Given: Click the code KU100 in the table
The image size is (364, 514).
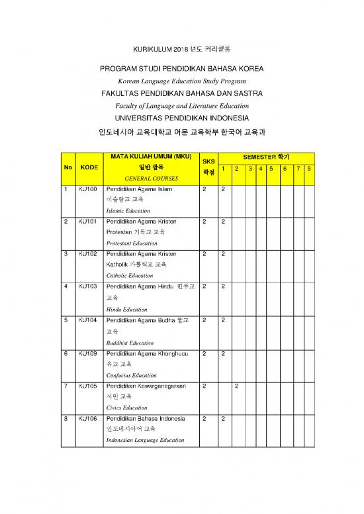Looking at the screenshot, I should tap(87, 189).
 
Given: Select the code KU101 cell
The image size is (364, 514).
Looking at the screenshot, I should tap(87, 222).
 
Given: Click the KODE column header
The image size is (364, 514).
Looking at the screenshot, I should tap(89, 168).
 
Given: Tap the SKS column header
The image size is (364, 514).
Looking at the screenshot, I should tap(208, 161).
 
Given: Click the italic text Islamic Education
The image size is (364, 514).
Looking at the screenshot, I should tap(128, 210).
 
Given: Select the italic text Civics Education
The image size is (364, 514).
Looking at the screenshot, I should tap(126, 407).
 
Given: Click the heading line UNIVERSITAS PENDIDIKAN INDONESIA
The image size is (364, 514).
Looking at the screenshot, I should tap(181, 118).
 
